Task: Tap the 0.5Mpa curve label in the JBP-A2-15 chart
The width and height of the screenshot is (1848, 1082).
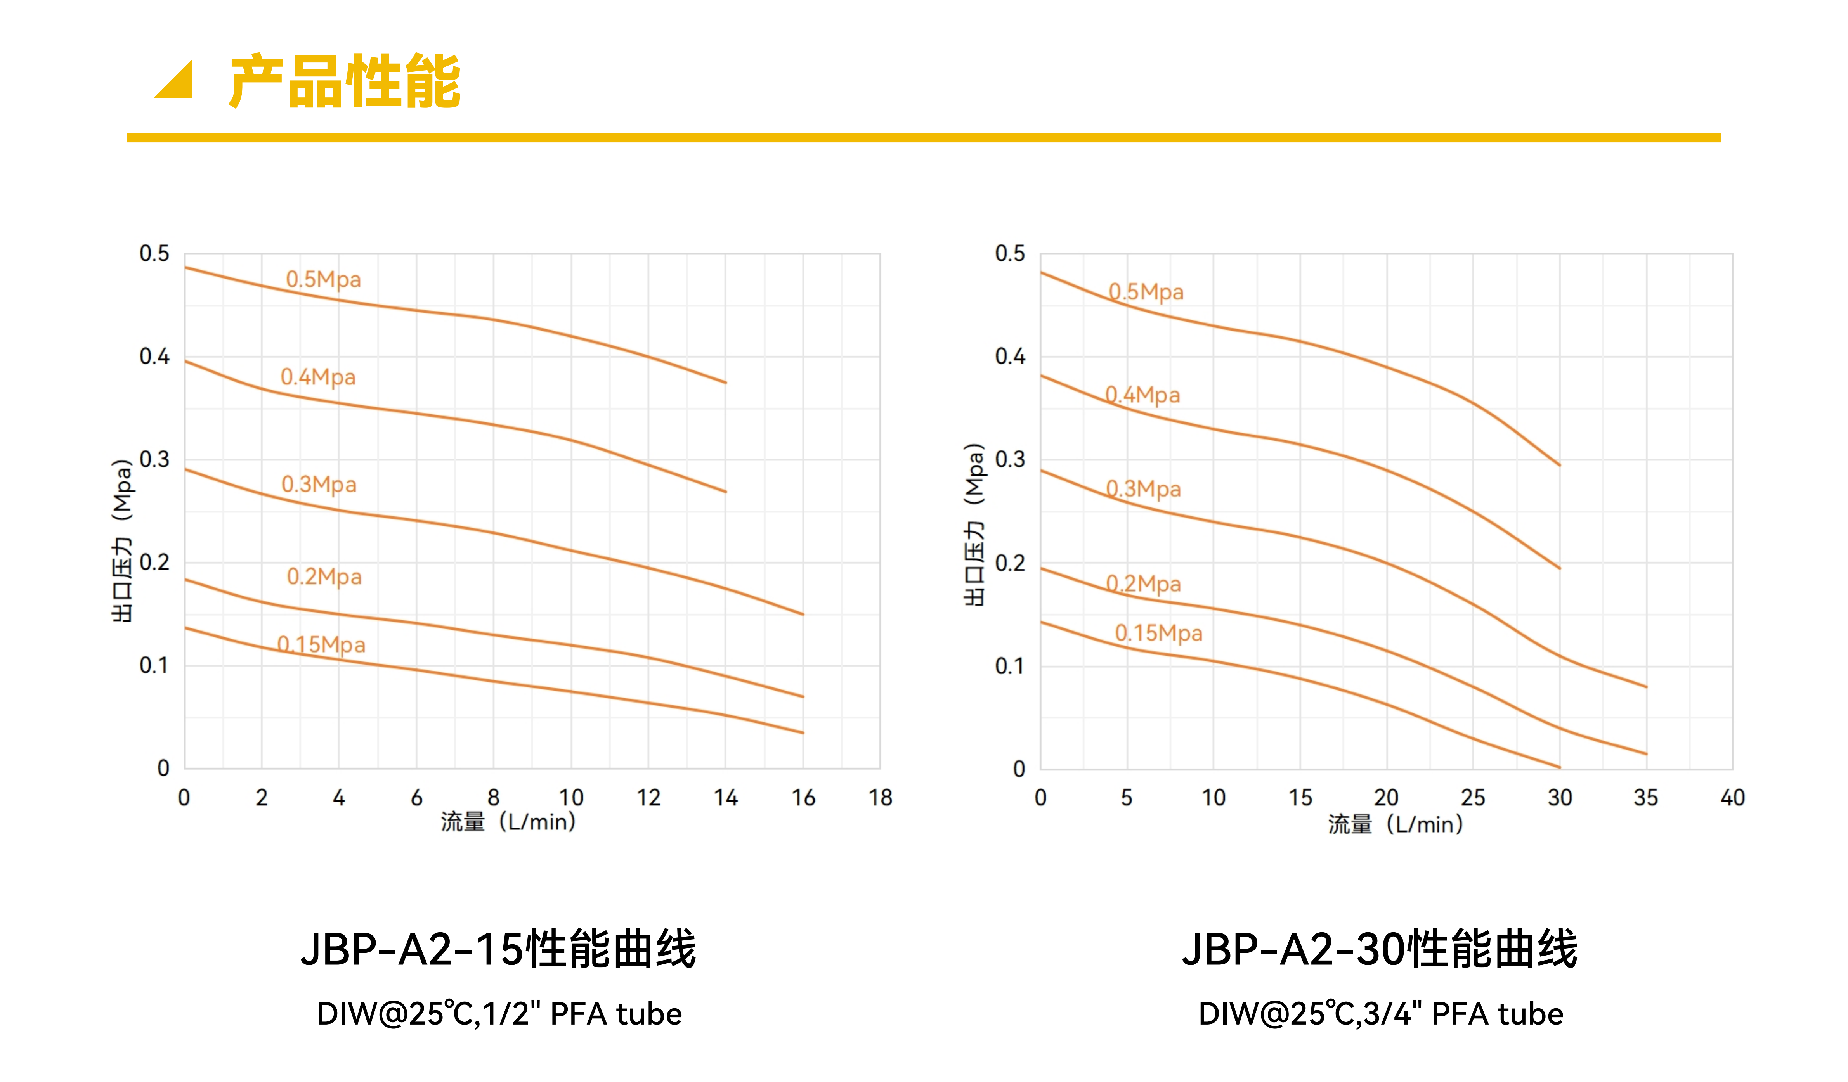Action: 323,279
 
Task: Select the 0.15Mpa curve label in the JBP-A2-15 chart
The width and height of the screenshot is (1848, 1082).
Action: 321,644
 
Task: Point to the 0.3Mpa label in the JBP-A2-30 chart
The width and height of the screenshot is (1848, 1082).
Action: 1143,489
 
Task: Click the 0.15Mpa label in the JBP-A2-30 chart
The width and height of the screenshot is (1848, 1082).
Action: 1159,633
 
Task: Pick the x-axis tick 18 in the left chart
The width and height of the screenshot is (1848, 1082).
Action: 881,798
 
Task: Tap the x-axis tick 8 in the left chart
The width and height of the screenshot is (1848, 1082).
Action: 494,798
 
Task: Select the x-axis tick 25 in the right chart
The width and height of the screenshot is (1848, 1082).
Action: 1472,798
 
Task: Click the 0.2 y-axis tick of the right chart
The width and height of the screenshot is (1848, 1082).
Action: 1010,563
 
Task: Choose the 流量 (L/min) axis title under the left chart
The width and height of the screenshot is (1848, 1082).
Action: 508,822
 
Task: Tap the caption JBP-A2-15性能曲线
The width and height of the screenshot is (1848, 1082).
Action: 499,949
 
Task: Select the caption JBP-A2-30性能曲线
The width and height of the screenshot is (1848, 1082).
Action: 1380,949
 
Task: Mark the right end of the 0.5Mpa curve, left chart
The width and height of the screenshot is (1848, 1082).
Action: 725,382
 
